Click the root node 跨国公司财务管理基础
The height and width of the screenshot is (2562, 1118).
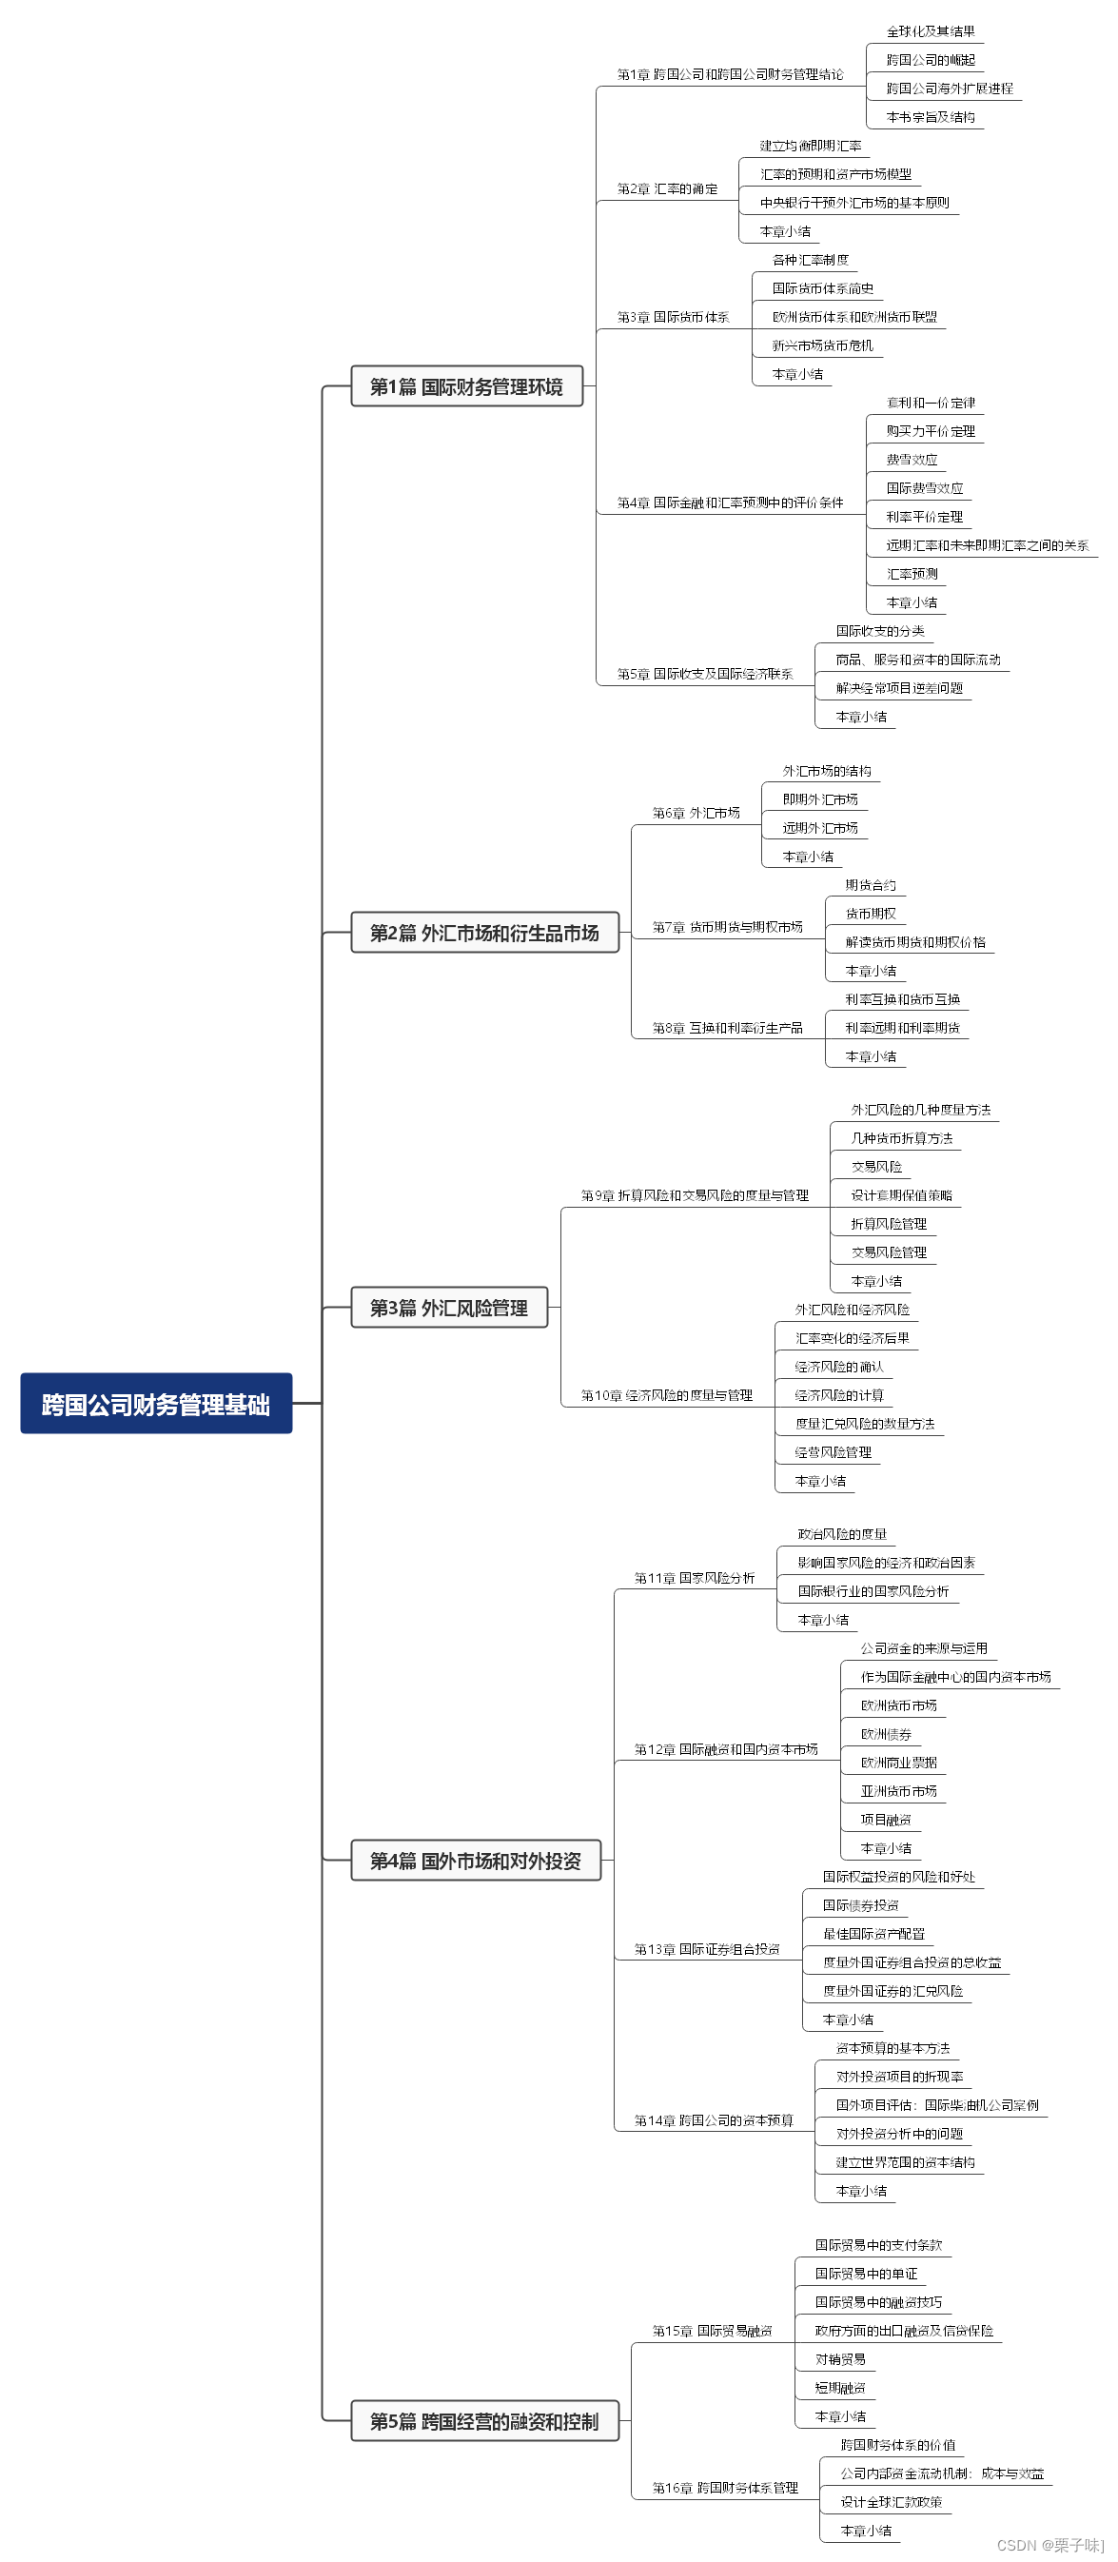(156, 1404)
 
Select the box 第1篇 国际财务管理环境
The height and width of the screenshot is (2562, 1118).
(466, 385)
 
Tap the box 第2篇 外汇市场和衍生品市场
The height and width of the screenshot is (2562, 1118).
(484, 932)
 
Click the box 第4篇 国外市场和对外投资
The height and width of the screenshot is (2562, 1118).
(476, 1860)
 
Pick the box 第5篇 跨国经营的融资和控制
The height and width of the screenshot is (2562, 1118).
(484, 2421)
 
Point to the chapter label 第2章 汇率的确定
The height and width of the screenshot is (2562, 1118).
(666, 189)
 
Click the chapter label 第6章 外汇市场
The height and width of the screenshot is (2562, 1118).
(696, 813)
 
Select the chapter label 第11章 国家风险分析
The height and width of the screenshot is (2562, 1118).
(695, 1577)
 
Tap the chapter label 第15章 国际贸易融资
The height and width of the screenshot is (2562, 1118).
(712, 2331)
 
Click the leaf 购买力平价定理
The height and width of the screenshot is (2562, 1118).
(930, 430)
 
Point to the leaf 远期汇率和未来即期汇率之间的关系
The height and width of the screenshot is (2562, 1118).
(987, 545)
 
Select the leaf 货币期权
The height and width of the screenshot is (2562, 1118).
(871, 913)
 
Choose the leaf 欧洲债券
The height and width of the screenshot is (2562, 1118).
(885, 1733)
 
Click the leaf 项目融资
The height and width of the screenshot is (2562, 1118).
(885, 1819)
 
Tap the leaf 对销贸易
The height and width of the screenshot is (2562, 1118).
(839, 2359)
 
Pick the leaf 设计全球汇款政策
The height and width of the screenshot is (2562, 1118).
(891, 2501)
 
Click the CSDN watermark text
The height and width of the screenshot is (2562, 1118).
(1049, 2544)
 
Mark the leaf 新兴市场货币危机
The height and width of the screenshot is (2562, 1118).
(823, 345)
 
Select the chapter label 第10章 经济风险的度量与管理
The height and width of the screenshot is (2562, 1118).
(666, 1395)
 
